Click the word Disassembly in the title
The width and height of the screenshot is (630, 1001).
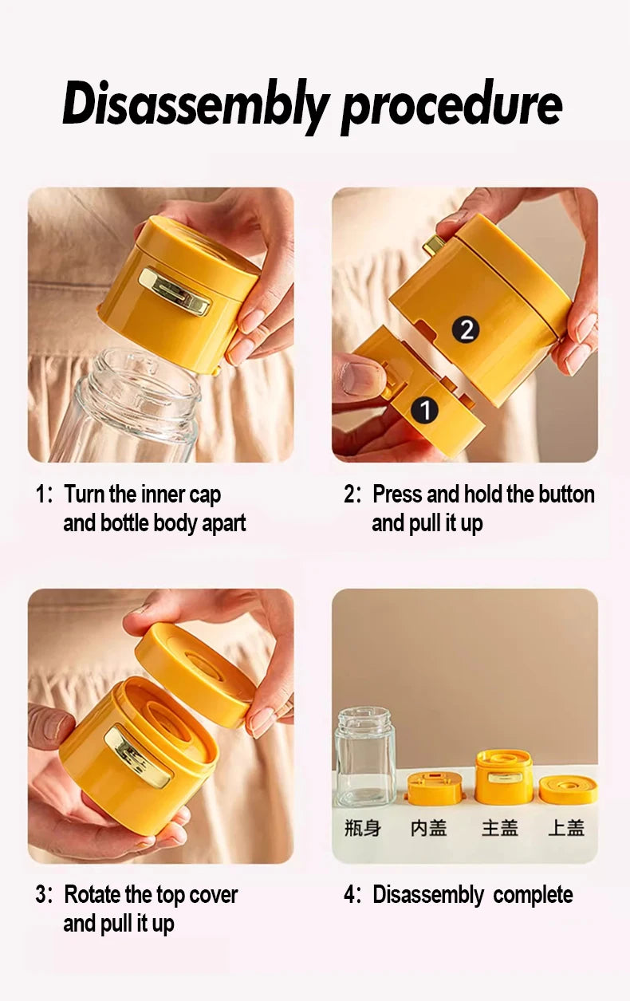[195, 105]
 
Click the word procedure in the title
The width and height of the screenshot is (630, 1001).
[451, 105]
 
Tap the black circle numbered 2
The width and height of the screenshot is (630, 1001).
[466, 329]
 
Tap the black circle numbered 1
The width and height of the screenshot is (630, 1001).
[424, 410]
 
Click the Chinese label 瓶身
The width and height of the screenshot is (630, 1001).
[362, 828]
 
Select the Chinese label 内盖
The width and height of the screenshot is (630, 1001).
[428, 828]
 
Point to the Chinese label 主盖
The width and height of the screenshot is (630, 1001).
[499, 828]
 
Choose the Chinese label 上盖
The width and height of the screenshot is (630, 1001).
[566, 828]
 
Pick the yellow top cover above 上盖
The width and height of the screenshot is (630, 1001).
[568, 789]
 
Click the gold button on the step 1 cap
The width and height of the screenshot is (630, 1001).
[175, 291]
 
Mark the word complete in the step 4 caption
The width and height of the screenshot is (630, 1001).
[533, 895]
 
